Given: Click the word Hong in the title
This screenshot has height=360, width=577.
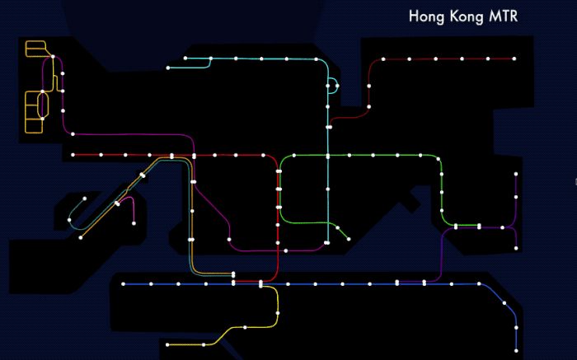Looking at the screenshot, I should pyautogui.click(x=426, y=16).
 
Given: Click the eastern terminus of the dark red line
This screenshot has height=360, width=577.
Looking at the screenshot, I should pyautogui.click(x=514, y=59).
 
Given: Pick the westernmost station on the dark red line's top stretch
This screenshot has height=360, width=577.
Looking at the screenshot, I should pyautogui.click(x=383, y=59).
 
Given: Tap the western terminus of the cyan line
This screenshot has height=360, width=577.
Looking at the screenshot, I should pyautogui.click(x=167, y=68).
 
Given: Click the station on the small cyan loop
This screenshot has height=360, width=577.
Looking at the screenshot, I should pyautogui.click(x=337, y=86).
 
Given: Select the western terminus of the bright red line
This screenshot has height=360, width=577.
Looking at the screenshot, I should pyautogui.click(x=73, y=155).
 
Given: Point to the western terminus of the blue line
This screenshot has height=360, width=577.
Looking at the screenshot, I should pyautogui.click(x=123, y=284).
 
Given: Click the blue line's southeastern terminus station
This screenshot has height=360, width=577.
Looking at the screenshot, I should pyautogui.click(x=516, y=350).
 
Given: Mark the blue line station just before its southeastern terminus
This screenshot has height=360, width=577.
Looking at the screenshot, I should pyautogui.click(x=516, y=328).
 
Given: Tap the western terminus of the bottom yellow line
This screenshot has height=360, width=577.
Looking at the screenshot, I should pyautogui.click(x=167, y=344).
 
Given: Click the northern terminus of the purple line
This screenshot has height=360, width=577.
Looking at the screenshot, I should pyautogui.click(x=516, y=174).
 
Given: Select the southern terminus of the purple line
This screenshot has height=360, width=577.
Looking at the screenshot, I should pyautogui.click(x=516, y=250).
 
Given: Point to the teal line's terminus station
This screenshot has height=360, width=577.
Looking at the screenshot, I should pyautogui.click(x=68, y=221).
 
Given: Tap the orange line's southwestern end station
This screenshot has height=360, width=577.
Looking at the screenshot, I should pyautogui.click(x=81, y=237).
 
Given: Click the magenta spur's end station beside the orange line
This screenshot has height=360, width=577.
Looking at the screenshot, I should pyautogui.click(x=134, y=222).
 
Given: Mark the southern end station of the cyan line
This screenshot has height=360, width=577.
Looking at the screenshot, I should pyautogui.click(x=328, y=243).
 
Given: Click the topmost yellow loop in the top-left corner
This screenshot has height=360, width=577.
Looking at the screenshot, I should pyautogui.click(x=35, y=49).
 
